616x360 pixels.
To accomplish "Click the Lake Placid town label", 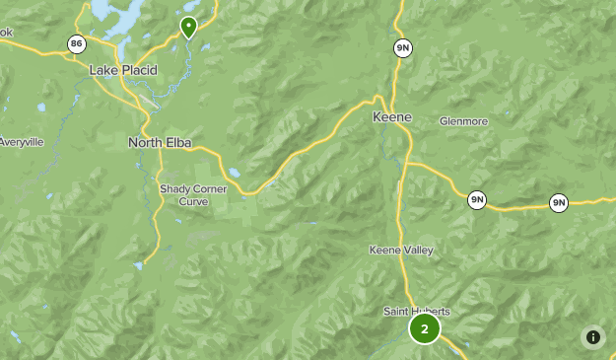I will pos(122,70).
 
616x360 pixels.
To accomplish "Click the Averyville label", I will pos(21,142).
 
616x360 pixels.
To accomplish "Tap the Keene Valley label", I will pos(401,251).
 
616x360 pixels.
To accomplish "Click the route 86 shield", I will pos(76,43).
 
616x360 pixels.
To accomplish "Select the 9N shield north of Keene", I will pos(402,47).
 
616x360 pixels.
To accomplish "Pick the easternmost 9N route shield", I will pos(559,203).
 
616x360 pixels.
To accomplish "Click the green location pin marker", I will pos(187,26).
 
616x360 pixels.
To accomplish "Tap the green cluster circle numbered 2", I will pos(424,329).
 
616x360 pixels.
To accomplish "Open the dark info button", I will pos(592,337).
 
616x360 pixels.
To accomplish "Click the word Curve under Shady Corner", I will pos(193,201).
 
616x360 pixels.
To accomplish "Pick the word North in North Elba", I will pos(145,143).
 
